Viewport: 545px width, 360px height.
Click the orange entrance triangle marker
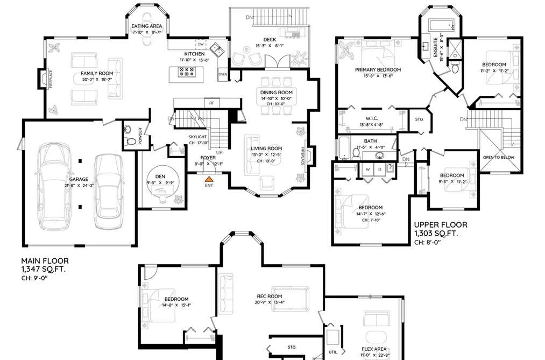coord(209,179)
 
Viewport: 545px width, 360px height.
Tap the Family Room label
coord(97,73)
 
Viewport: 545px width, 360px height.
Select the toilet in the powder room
coord(131,142)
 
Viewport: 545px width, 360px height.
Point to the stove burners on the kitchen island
coord(187,72)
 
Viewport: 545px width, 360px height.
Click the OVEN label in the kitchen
coord(223,74)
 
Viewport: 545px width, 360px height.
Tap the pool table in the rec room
coord(290,300)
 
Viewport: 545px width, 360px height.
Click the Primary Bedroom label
coord(378,70)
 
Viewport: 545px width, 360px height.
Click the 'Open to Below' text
coord(499,158)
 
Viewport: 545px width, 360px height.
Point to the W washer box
coord(368,169)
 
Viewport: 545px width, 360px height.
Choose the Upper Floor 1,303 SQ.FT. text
coord(441,229)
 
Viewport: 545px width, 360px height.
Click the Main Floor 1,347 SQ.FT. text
coord(45,265)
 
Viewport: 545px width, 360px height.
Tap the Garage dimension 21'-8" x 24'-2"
coord(79,186)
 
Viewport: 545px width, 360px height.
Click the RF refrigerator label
coord(211,103)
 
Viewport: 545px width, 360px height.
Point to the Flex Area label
coord(374,349)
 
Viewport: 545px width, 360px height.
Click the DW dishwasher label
coord(201,44)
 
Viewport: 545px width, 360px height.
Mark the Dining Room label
coord(277,93)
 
